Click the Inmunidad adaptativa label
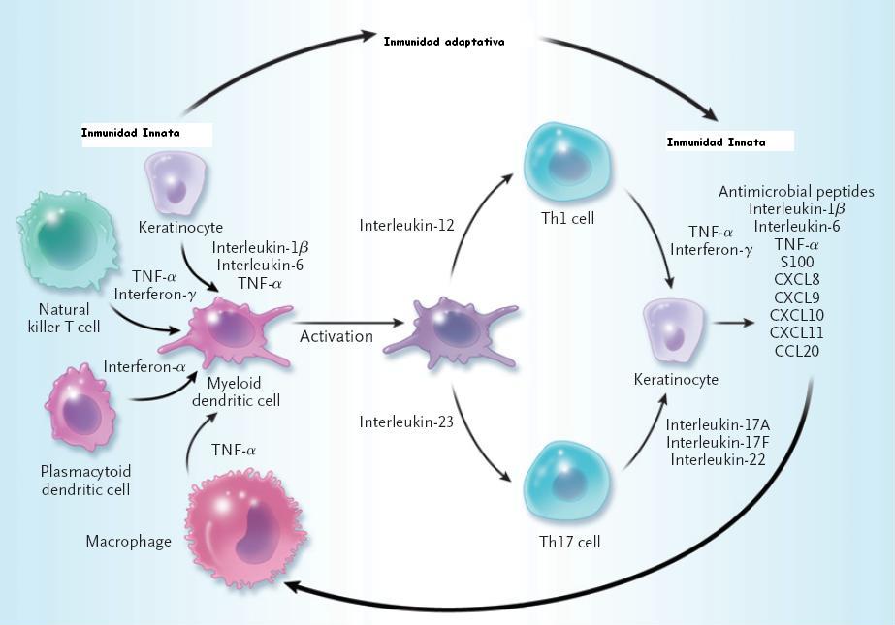[444, 42]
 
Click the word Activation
[336, 337]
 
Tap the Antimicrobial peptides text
[796, 192]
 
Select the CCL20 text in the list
[796, 351]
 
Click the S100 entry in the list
[796, 262]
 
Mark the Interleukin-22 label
[717, 459]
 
